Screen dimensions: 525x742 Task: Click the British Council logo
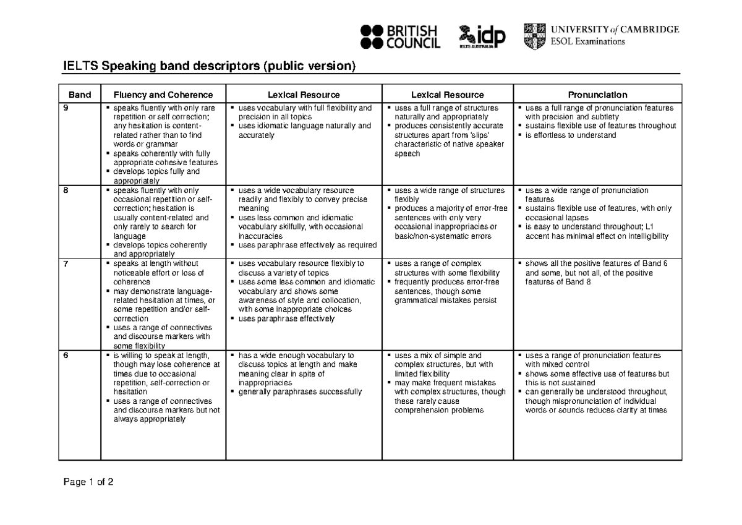click(x=400, y=36)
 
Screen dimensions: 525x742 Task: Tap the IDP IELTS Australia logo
click(x=482, y=36)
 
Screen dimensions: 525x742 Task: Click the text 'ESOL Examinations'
click(x=587, y=42)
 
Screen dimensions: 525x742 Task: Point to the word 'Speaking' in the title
click(x=128, y=66)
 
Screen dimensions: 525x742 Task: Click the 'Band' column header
click(x=80, y=95)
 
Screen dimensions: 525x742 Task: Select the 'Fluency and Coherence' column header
click(x=163, y=95)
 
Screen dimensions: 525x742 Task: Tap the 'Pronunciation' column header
click(x=597, y=95)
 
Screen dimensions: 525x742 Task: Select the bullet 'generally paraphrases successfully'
click(x=299, y=391)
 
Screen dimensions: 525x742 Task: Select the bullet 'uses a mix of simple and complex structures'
click(x=443, y=360)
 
